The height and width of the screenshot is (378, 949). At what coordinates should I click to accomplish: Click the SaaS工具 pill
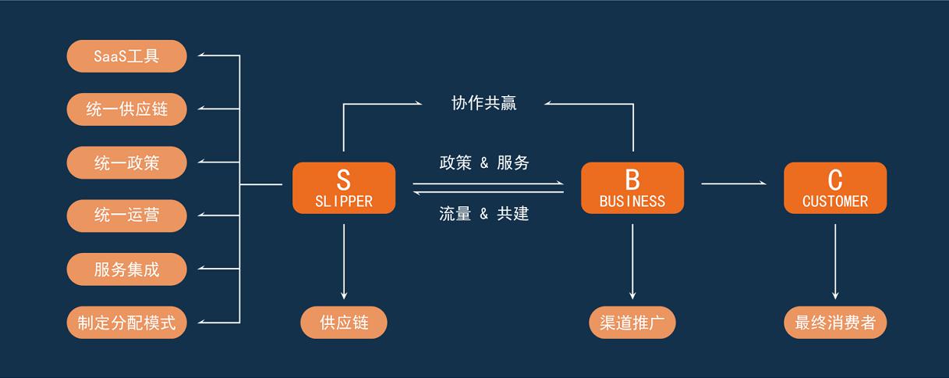click(126, 56)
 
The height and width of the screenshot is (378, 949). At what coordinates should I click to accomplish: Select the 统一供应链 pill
click(126, 109)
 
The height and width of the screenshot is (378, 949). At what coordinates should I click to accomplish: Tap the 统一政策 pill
click(126, 162)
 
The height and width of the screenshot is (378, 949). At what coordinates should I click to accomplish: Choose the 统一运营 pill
click(126, 216)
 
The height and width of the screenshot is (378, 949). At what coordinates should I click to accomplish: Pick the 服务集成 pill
click(126, 269)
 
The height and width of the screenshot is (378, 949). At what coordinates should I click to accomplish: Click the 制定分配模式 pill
click(126, 323)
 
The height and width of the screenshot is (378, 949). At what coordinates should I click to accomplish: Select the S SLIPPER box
click(344, 188)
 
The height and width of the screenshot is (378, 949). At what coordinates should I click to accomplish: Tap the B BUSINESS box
click(632, 188)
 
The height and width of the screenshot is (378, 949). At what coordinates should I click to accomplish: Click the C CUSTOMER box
click(835, 188)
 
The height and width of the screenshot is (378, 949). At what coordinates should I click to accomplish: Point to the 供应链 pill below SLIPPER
click(344, 323)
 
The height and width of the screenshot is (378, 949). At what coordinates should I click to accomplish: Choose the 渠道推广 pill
click(632, 323)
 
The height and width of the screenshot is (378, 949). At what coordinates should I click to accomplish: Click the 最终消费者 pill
click(835, 323)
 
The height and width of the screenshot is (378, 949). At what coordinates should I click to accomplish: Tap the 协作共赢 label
click(483, 103)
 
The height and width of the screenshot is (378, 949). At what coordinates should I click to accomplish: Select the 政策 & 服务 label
click(483, 162)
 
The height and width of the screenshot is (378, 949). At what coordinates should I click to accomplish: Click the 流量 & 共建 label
click(483, 213)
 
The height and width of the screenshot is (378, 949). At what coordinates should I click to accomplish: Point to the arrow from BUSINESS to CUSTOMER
click(734, 184)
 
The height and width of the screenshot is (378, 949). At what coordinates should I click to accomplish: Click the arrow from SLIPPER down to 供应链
click(344, 262)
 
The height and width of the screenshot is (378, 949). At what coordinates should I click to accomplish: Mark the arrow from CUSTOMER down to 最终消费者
click(835, 262)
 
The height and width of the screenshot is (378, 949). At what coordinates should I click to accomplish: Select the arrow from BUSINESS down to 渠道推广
click(632, 262)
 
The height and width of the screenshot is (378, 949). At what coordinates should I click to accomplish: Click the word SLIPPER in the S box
click(344, 201)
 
